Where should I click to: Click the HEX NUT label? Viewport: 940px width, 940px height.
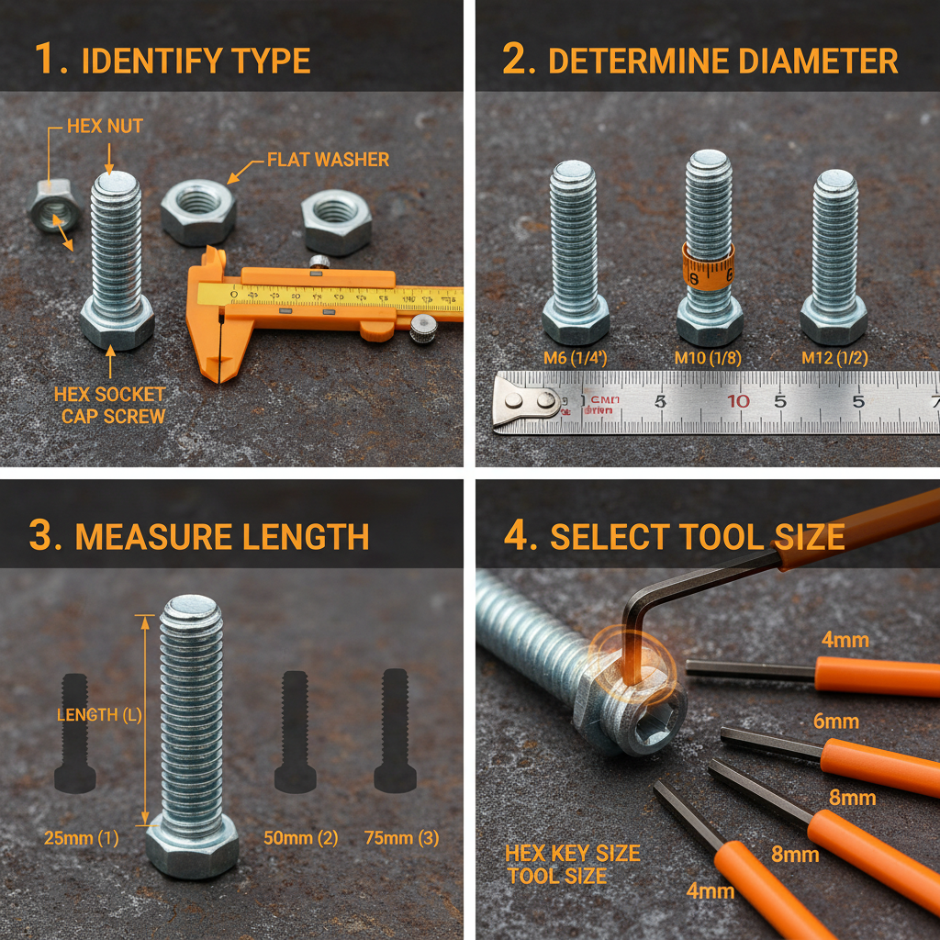click(105, 126)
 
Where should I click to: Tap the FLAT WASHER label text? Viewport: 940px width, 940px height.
click(328, 160)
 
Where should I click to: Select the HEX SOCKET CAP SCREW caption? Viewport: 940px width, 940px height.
click(109, 405)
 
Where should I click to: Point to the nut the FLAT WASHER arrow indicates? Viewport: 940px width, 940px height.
click(198, 212)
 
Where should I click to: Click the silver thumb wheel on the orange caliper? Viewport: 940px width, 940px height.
click(422, 328)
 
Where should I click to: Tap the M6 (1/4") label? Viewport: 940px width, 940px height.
click(576, 358)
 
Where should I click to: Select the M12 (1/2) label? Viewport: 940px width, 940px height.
click(834, 358)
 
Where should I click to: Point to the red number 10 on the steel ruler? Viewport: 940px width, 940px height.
click(738, 400)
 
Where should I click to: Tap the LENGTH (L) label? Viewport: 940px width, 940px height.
click(99, 715)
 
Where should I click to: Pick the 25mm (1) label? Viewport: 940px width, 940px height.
click(82, 837)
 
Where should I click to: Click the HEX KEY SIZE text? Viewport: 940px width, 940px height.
click(572, 853)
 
